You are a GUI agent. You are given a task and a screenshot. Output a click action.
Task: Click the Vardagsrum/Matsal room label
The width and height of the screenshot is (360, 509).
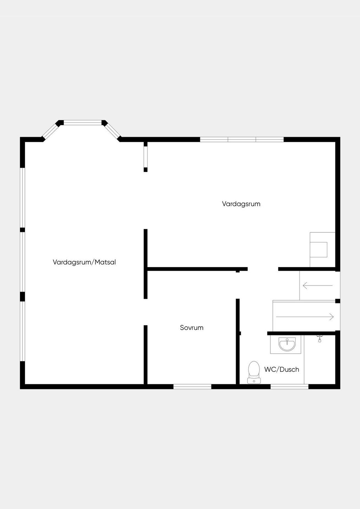click(84, 262)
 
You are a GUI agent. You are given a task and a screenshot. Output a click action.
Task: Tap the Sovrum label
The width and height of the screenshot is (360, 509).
click(192, 328)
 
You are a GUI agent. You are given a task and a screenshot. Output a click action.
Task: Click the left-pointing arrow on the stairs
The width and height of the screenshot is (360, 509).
click(318, 285)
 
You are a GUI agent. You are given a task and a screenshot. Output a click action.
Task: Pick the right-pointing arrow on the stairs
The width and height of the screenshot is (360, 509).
click(305, 317)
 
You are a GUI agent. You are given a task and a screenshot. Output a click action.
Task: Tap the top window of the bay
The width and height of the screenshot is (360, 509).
click(83, 123)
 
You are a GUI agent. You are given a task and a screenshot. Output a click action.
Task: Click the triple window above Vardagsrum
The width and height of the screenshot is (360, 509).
click(242, 140)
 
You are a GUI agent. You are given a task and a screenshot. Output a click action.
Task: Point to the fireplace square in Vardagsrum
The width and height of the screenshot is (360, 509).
click(319, 250)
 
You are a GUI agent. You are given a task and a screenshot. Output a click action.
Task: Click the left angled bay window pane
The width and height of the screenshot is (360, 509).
click(51, 131)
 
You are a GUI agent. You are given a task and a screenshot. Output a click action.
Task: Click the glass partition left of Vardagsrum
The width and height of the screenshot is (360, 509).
click(146, 157)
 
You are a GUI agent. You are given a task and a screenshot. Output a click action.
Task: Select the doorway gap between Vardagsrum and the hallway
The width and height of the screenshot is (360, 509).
click(263, 269)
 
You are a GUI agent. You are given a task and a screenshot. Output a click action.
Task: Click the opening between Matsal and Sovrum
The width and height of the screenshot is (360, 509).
click(146, 312)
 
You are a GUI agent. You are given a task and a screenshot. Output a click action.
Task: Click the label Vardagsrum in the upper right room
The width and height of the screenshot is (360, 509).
click(241, 204)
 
